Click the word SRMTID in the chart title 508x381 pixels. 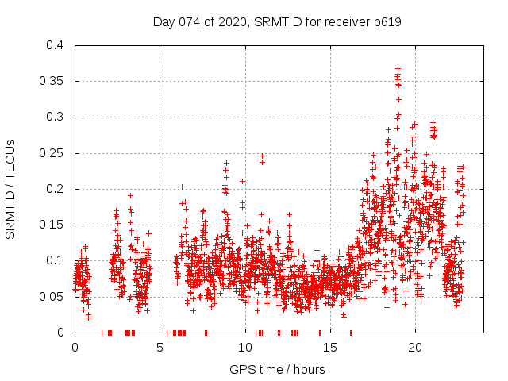point(273,22)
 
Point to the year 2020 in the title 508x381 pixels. point(229,22)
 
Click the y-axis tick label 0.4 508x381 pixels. point(55,45)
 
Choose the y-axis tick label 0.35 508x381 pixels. point(52,81)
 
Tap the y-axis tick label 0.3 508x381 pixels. point(55,117)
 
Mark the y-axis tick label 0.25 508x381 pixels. point(52,152)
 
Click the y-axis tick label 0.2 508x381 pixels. point(55,188)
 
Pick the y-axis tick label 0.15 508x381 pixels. point(52,225)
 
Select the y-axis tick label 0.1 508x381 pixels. point(55,260)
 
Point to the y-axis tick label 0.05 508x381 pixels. point(52,296)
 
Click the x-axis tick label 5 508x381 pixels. point(160,347)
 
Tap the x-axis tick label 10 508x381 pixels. point(244,347)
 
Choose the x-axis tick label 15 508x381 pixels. point(329,347)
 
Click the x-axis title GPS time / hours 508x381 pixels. point(277,369)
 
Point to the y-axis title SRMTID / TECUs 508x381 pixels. point(11,189)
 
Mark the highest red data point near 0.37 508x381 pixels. point(398,69)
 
